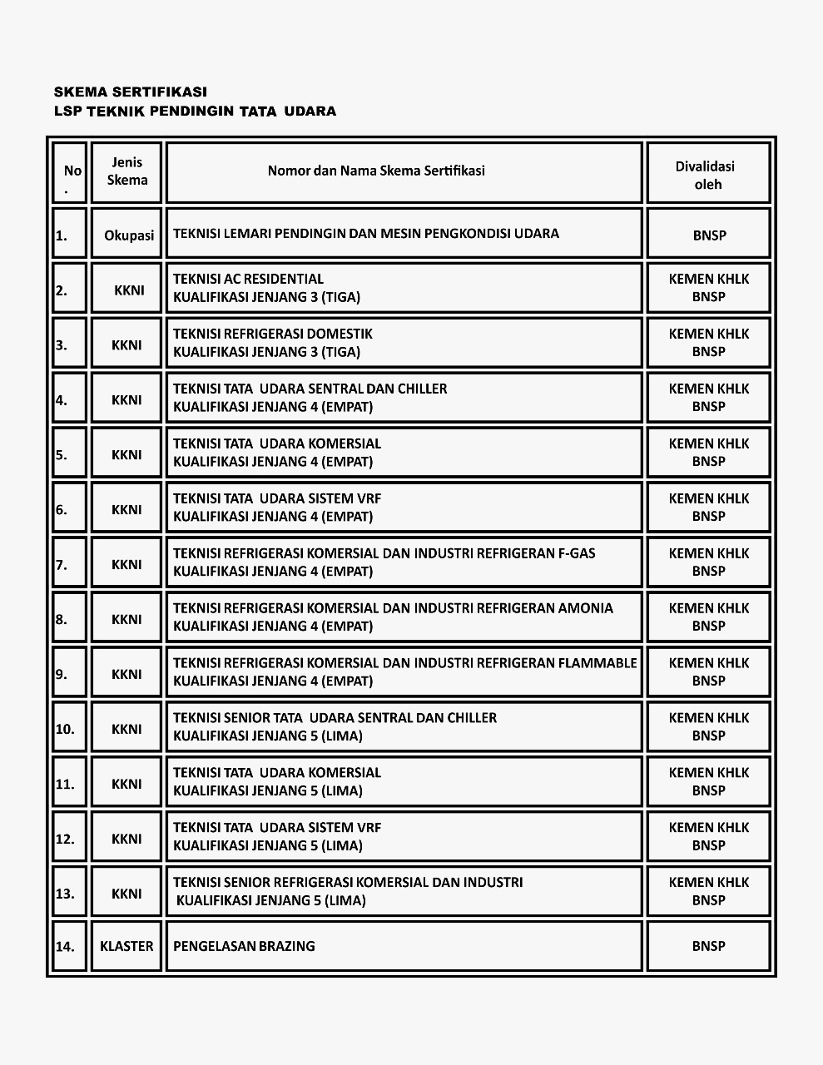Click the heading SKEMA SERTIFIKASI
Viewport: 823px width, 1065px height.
click(x=130, y=92)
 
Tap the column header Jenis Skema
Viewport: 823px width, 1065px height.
click(x=127, y=171)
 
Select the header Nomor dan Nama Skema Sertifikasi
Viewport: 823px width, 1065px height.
click(x=376, y=171)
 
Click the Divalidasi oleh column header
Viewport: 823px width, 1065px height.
click(x=708, y=176)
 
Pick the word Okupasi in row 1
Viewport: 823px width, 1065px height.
click(x=129, y=235)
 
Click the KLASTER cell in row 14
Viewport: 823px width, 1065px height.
click(x=126, y=946)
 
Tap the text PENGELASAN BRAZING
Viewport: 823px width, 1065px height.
click(x=244, y=946)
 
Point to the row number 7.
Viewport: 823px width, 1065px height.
click(x=62, y=565)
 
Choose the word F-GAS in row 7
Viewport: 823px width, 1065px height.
click(x=577, y=553)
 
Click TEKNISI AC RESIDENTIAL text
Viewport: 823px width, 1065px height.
click(x=248, y=279)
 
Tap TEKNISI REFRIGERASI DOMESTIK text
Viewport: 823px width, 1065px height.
click(x=273, y=334)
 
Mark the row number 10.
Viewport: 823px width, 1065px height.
click(x=65, y=730)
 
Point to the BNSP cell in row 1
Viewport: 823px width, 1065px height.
click(x=709, y=235)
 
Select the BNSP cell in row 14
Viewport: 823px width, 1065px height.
click(x=709, y=946)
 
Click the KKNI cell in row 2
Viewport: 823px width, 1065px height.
click(x=129, y=290)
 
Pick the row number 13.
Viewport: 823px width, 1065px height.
click(x=65, y=894)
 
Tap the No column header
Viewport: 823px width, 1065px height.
click(x=72, y=171)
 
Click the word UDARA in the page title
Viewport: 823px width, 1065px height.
click(x=310, y=111)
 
